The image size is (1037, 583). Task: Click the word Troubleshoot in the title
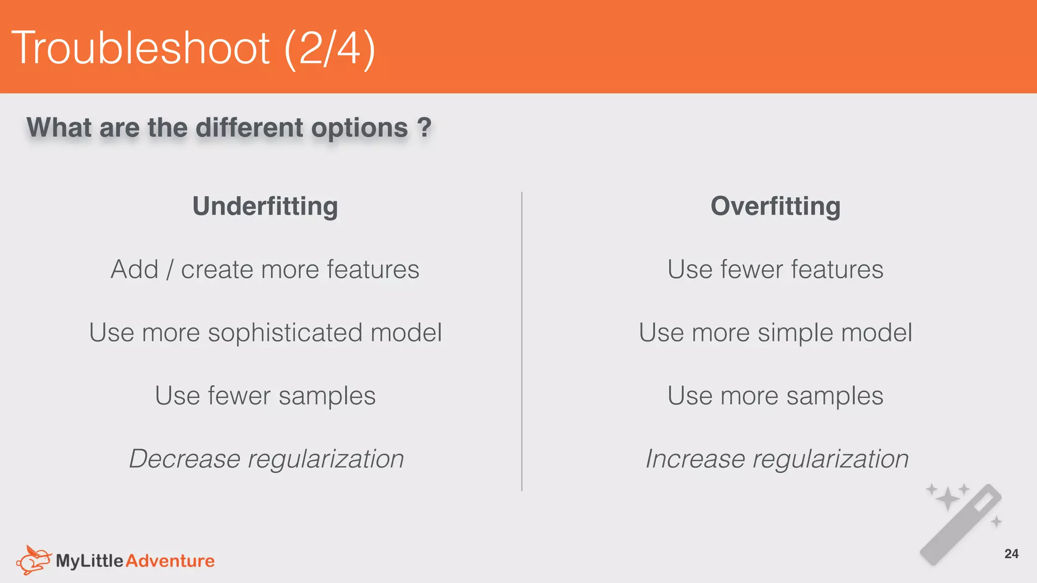coord(140,48)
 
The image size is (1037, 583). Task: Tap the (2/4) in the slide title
coord(330,49)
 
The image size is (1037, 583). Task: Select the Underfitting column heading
coord(265,206)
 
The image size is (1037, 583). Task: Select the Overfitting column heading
coord(775,206)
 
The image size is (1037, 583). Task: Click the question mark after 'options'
coord(424,127)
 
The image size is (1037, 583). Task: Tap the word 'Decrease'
coord(184,459)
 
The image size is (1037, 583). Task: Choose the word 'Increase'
coord(695,459)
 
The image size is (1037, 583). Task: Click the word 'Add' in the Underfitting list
coord(134,269)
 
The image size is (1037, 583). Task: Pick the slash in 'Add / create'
coord(170,270)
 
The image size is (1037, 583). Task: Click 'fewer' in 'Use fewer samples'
coord(239,396)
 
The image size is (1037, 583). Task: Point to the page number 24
coord(1011,554)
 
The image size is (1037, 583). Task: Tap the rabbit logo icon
coord(33,560)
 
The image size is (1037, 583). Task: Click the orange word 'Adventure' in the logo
coord(170,561)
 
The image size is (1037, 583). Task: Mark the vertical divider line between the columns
coord(522,341)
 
